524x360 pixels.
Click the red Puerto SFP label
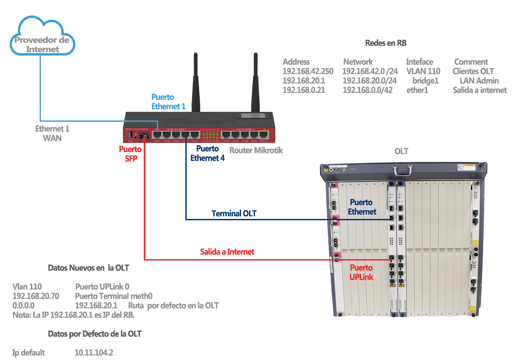pyautogui.click(x=130, y=154)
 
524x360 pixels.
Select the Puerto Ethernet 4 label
pyautogui.click(x=207, y=153)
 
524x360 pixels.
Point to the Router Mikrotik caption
pyautogui.click(x=256, y=151)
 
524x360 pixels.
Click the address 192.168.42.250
pyautogui.click(x=308, y=71)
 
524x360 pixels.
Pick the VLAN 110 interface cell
pyautogui.click(x=423, y=71)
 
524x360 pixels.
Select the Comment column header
pyautogui.click(x=471, y=62)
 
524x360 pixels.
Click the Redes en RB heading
pyautogui.click(x=386, y=43)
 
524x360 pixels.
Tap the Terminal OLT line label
pyautogui.click(x=234, y=214)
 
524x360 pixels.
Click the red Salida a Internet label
pyautogui.click(x=227, y=252)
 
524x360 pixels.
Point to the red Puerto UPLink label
pyautogui.click(x=361, y=273)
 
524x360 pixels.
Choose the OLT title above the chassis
pyautogui.click(x=401, y=152)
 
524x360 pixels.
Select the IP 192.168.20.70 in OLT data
pyautogui.click(x=36, y=296)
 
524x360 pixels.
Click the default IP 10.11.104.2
pyautogui.click(x=94, y=353)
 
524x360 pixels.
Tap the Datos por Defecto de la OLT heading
pyautogui.click(x=95, y=334)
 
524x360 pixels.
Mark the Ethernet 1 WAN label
pyautogui.click(x=52, y=134)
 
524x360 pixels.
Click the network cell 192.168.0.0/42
pyautogui.click(x=367, y=90)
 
